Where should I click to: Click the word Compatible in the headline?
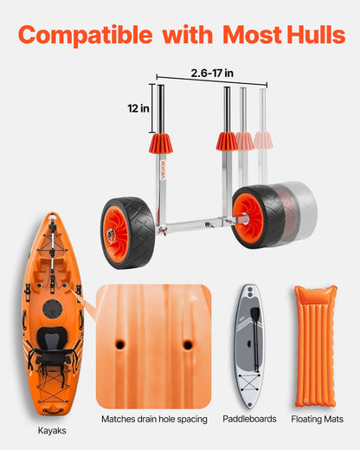pyautogui.click(x=84, y=35)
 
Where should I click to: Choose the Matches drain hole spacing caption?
pyautogui.click(x=154, y=420)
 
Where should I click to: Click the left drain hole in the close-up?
pyautogui.click(x=119, y=344)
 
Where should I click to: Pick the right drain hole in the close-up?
pyautogui.click(x=188, y=344)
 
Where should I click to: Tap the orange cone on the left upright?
pyautogui.click(x=160, y=144)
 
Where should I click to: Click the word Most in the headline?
pyautogui.click(x=252, y=35)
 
